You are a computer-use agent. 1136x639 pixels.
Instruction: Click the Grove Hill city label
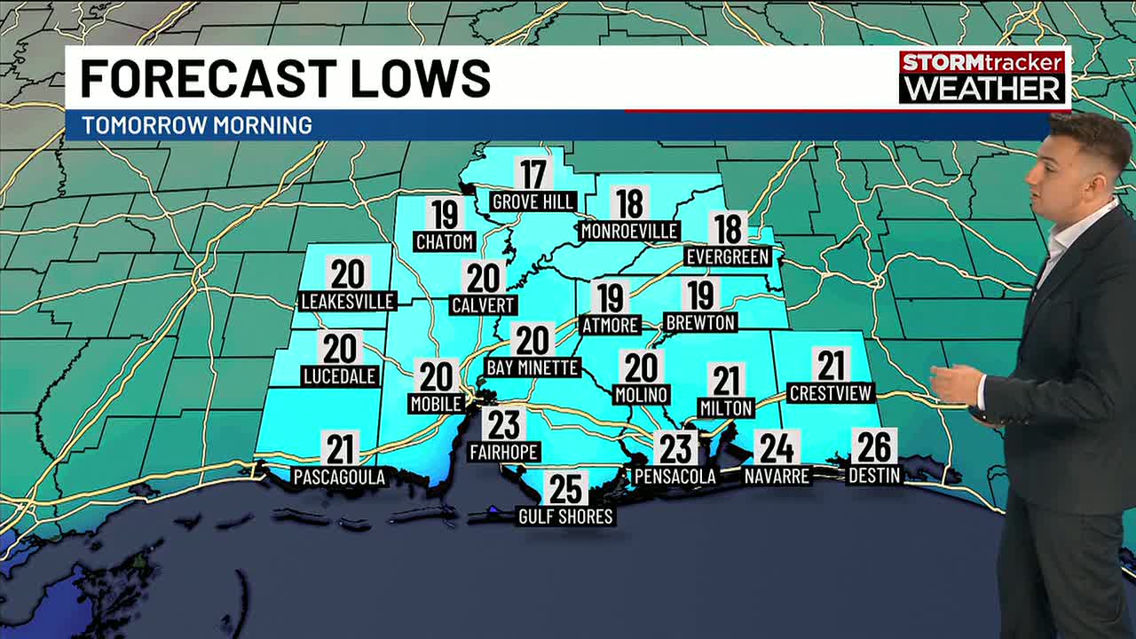(533, 202)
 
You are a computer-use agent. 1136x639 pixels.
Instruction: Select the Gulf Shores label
(566, 517)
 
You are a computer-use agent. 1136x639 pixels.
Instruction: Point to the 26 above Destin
(874, 446)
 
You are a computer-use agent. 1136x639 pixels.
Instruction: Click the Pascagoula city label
(339, 477)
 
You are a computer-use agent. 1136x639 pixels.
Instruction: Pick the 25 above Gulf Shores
(565, 488)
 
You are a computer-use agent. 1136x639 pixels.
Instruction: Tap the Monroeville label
(629, 232)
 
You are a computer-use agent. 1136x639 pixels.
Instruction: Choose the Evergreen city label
(728, 256)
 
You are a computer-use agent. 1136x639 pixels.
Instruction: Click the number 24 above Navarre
(777, 448)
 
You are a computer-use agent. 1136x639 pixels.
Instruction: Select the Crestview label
(832, 393)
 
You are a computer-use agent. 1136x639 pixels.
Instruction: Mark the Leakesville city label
(347, 302)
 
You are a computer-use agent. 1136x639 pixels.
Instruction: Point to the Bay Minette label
(532, 367)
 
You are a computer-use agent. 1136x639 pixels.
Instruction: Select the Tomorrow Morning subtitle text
(197, 125)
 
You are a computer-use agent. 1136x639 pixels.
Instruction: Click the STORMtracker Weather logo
(982, 76)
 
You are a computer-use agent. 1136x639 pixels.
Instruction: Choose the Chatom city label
(445, 241)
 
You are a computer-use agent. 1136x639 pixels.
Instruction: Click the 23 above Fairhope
(504, 424)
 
